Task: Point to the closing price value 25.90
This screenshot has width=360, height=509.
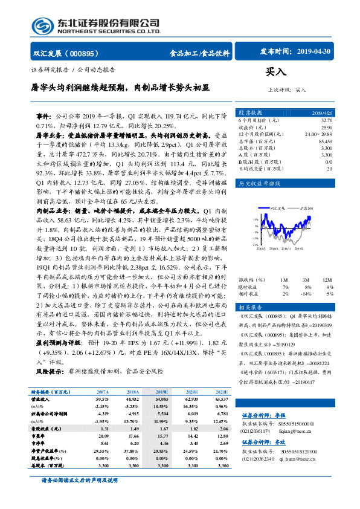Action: (x=325, y=128)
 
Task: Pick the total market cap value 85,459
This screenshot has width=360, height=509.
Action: (x=324, y=141)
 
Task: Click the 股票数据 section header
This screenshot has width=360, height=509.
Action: (x=250, y=113)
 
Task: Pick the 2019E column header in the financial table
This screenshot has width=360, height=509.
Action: (x=161, y=392)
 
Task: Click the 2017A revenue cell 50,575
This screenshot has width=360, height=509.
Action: (x=102, y=399)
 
